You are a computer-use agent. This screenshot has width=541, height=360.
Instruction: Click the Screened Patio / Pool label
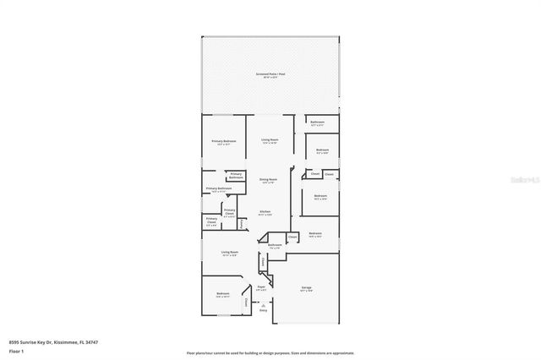[270, 75]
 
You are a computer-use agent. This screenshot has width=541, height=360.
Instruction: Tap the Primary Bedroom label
[223, 141]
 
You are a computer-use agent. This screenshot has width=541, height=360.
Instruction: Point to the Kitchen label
[265, 213]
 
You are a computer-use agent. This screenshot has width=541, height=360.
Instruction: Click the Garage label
[306, 288]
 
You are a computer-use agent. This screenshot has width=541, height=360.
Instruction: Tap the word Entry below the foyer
[263, 311]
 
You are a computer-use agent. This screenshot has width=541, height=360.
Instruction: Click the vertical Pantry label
[242, 225]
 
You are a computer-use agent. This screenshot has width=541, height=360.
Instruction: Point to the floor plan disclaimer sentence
[270, 352]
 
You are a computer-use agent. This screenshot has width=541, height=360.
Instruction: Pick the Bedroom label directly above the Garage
[314, 233]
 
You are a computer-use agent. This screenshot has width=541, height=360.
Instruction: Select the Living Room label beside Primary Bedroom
[270, 140]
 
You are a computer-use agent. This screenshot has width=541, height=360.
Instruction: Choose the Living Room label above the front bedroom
[229, 253]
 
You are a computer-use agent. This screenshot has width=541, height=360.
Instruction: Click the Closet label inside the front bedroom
[246, 301]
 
